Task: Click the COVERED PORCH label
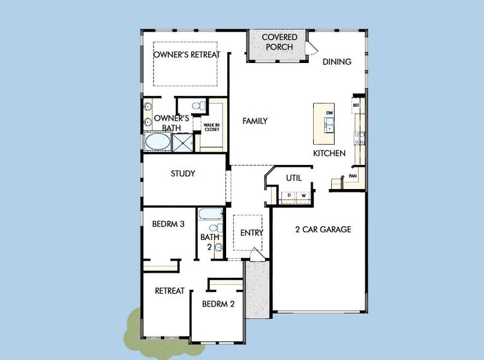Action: [279, 42]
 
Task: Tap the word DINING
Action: [337, 62]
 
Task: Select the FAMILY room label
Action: [255, 121]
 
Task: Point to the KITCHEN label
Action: [329, 153]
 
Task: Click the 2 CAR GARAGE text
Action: [323, 229]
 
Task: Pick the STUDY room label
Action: [183, 173]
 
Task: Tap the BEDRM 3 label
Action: [168, 224]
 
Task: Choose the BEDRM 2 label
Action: [218, 304]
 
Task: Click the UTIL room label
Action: [294, 178]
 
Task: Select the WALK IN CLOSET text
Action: [212, 127]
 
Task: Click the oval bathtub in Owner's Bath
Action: [158, 142]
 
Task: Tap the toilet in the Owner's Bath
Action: [199, 106]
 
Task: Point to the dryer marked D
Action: [289, 196]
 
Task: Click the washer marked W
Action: [303, 196]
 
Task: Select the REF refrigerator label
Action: [356, 105]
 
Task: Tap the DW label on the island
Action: [329, 113]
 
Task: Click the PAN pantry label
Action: [353, 176]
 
